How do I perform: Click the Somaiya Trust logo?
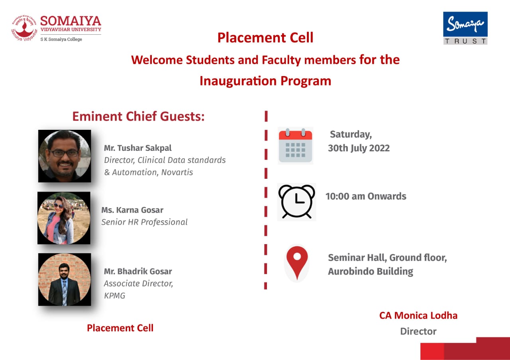pyautogui.click(x=465, y=28)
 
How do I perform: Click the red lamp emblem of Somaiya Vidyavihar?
pyautogui.click(x=24, y=28)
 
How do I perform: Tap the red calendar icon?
pyautogui.click(x=295, y=145)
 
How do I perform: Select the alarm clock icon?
pyautogui.click(x=296, y=202)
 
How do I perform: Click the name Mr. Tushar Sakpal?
pyautogui.click(x=138, y=148)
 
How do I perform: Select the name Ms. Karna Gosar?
pyautogui.click(x=132, y=210)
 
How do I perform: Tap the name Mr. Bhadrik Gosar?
pyautogui.click(x=138, y=271)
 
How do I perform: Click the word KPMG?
pyautogui.click(x=114, y=295)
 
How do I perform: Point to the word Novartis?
pyautogui.click(x=177, y=172)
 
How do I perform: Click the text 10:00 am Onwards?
pyautogui.click(x=366, y=196)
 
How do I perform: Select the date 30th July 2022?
pyautogui.click(x=359, y=148)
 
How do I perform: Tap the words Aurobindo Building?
pyautogui.click(x=371, y=271)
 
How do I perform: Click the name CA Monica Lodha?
pyautogui.click(x=418, y=315)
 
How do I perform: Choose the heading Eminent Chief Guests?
pyautogui.click(x=138, y=116)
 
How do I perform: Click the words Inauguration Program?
pyautogui.click(x=265, y=81)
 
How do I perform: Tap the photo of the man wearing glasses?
pyautogui.click(x=65, y=156)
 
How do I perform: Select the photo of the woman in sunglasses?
pyautogui.click(x=64, y=218)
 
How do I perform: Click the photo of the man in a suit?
pyautogui.click(x=65, y=280)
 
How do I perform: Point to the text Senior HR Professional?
pyautogui.click(x=144, y=222)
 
